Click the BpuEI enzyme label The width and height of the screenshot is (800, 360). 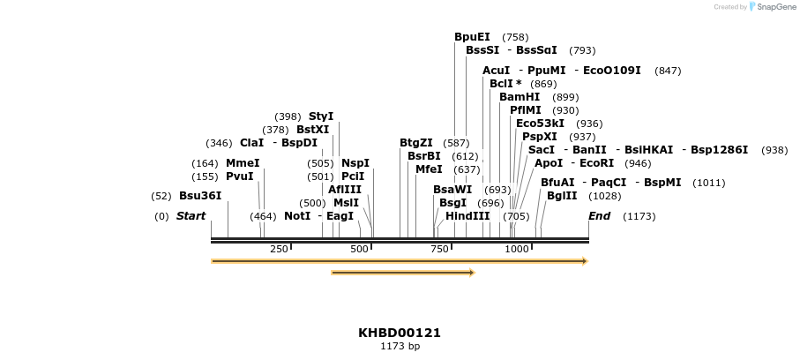[472, 37]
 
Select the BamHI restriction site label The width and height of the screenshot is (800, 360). [520, 97]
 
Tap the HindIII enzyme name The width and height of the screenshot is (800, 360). [467, 216]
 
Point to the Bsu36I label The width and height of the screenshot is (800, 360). [200, 196]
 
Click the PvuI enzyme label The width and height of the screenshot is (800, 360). [239, 176]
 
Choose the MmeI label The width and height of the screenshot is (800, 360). [243, 163]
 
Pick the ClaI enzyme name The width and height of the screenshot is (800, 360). [251, 143]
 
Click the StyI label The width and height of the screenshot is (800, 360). [321, 116]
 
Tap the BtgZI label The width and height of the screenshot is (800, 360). [416, 143]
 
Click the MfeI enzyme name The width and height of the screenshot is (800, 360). [429, 169]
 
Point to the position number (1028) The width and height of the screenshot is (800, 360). [605, 196]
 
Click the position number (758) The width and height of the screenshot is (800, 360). [515, 37]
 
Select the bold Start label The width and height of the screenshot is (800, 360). [191, 216]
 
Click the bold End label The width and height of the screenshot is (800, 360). [599, 216]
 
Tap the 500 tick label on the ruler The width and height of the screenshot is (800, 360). [359, 250]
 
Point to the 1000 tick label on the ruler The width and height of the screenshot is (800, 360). [517, 250]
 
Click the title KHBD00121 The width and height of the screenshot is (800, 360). [400, 333]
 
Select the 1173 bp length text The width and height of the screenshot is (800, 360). [400, 347]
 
